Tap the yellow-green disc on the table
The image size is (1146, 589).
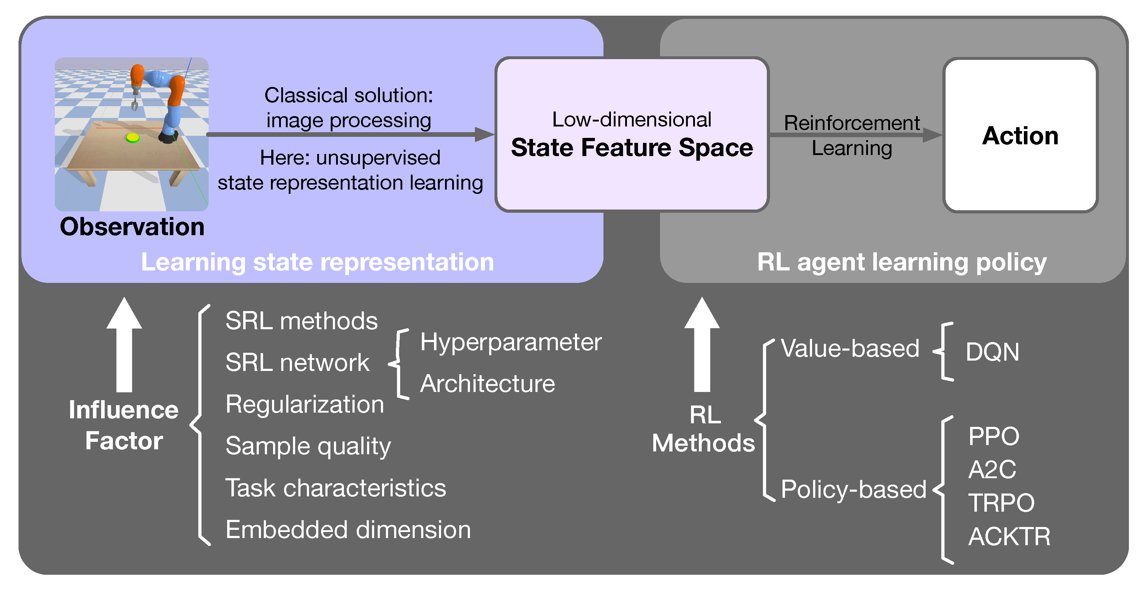[x=132, y=138]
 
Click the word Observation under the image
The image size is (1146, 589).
[x=132, y=227]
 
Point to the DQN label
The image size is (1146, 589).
[x=992, y=352]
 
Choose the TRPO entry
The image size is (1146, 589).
[x=1001, y=503]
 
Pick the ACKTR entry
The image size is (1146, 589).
[x=1009, y=537]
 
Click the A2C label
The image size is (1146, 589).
[x=992, y=469]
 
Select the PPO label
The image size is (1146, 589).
[x=993, y=436]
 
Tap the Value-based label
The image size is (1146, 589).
[x=850, y=348]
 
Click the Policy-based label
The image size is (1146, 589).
[x=853, y=489]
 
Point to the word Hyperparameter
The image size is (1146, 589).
[x=511, y=342]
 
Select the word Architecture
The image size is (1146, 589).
[x=488, y=384]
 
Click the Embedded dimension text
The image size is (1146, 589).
[x=348, y=530]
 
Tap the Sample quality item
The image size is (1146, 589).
[x=308, y=446]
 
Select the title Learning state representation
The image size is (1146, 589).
[x=317, y=262]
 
